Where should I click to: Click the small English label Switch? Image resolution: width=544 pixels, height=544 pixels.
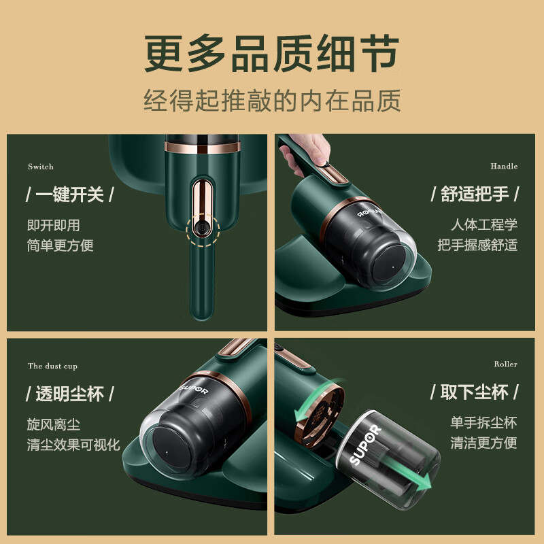pos(41,167)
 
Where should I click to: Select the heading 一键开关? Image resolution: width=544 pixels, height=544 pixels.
pos(69,194)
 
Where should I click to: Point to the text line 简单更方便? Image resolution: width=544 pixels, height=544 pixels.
pos(61,245)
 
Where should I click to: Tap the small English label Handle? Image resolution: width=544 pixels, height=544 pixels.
pos(504,166)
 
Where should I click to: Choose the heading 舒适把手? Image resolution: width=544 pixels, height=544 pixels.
pos(475,194)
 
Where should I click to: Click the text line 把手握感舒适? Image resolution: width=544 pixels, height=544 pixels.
pos(477,245)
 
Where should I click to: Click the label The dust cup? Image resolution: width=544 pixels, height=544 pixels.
pos(52,366)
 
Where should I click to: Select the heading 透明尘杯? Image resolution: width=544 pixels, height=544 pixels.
pos(69,394)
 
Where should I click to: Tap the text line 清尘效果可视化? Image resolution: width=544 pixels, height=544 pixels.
pos(73,445)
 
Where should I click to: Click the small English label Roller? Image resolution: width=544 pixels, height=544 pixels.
pos(505,364)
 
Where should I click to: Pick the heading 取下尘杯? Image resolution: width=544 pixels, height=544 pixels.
pos(475,392)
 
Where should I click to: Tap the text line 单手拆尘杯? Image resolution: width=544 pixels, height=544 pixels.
pos(483,422)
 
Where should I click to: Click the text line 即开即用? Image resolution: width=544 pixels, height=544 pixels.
pos(54,225)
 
